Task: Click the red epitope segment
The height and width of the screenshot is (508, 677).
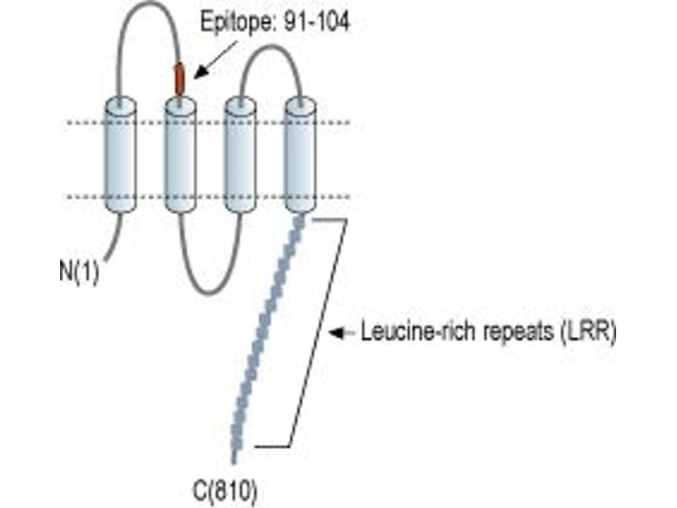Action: click(x=179, y=79)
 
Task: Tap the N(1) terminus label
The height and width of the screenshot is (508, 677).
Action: click(x=79, y=272)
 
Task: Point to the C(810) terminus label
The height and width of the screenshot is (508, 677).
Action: click(x=225, y=491)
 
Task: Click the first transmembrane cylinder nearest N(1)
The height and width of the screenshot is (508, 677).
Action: click(x=121, y=155)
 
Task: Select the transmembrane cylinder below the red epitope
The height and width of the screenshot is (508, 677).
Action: click(x=180, y=155)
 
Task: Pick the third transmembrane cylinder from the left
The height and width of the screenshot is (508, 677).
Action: click(x=240, y=155)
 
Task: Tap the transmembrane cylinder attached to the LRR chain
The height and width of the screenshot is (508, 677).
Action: click(x=300, y=155)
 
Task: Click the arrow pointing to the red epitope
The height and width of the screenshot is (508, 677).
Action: click(x=216, y=60)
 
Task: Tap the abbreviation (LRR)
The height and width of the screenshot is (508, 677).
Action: click(x=588, y=333)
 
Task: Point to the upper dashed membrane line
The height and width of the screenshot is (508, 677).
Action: click(x=208, y=123)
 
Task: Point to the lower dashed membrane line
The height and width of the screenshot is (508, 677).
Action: click(x=208, y=197)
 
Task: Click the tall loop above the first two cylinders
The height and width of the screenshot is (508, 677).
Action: click(x=149, y=3)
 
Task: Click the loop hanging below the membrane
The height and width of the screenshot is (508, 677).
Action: click(x=209, y=293)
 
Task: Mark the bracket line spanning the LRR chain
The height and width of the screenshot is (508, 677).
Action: click(x=317, y=333)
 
